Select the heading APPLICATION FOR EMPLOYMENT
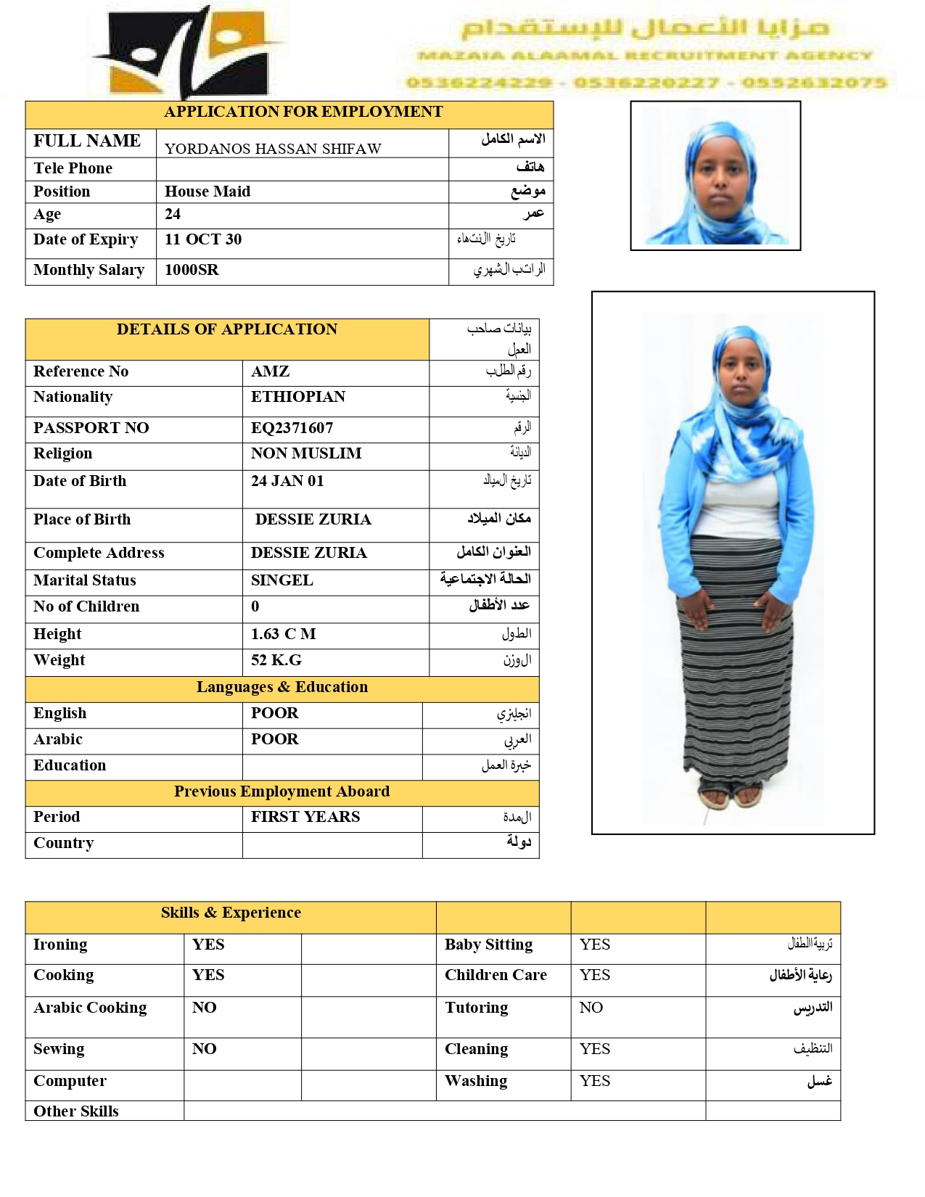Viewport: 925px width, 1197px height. tap(303, 112)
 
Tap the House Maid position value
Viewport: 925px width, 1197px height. tap(207, 192)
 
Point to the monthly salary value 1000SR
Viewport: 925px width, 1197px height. tap(192, 270)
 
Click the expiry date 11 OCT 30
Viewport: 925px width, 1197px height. tap(203, 239)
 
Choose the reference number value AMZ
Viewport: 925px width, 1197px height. tap(270, 371)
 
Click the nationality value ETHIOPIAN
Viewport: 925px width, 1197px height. tap(298, 397)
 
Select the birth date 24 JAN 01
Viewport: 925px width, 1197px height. tap(287, 481)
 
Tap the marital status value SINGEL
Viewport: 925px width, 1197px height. tap(282, 580)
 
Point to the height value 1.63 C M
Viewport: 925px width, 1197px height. tap(284, 634)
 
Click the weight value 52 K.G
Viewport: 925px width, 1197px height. tap(276, 660)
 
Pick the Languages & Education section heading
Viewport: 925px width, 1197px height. tap(282, 687)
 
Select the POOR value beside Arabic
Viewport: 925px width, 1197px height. tap(275, 739)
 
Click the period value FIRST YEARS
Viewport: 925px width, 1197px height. tap(305, 817)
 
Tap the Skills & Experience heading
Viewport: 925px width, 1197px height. tap(231, 913)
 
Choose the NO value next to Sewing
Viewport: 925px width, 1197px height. tap(205, 1049)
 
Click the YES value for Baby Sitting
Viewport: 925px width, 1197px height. tap(595, 945)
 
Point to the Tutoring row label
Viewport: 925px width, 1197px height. tap(477, 1008)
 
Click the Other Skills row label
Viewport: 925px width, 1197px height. tap(76, 1111)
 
